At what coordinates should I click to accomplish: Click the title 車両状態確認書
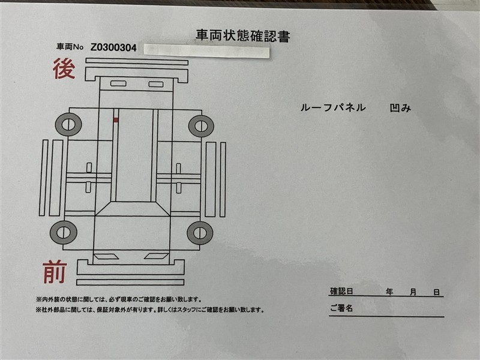click(243, 35)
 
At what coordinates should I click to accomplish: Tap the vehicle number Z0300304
click(113, 47)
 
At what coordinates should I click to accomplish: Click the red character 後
click(64, 68)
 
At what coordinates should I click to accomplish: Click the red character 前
click(55, 272)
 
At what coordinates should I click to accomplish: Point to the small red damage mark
click(116, 120)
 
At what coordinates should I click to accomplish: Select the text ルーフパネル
click(333, 107)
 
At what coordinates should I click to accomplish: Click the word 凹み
click(400, 108)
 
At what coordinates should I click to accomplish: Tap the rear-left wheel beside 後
click(68, 125)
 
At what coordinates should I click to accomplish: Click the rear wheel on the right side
click(201, 126)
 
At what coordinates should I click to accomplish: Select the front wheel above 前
click(64, 232)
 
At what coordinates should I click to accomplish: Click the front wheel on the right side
click(200, 233)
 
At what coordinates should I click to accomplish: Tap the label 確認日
click(341, 291)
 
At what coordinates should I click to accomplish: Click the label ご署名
click(341, 308)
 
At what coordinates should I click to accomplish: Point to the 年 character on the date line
click(389, 292)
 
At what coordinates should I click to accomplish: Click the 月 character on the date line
click(413, 292)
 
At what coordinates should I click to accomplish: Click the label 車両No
click(70, 47)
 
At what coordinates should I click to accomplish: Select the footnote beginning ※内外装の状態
click(119, 299)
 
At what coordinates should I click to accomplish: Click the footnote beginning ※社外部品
click(150, 310)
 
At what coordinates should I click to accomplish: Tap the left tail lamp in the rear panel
click(118, 83)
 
